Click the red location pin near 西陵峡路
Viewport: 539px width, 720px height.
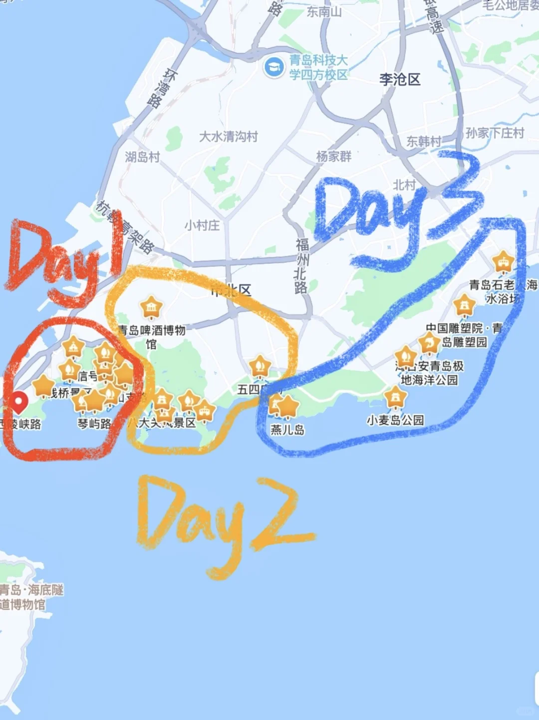tap(19, 401)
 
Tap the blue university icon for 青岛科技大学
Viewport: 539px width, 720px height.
tap(273, 67)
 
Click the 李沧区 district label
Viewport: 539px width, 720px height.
tap(400, 79)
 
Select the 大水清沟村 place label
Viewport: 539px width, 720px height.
tap(229, 136)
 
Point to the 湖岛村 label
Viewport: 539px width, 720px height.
tap(142, 157)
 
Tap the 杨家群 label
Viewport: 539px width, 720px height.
tap(334, 156)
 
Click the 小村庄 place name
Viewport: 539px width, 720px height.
tap(202, 225)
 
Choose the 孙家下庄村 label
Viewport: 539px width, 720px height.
tap(495, 133)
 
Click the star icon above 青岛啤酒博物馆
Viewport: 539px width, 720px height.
tap(151, 307)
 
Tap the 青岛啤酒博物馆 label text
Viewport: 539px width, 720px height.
tap(152, 336)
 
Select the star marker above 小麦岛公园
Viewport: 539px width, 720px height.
tap(395, 397)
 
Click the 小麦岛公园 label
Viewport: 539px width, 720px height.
tap(395, 420)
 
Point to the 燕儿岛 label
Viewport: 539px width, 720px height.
tap(287, 430)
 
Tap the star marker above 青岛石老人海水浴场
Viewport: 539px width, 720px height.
tap(503, 262)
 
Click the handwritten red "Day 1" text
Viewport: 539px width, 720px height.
tap(65, 260)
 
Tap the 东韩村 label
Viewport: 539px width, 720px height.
tap(424, 141)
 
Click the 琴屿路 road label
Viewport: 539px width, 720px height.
tap(94, 424)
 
